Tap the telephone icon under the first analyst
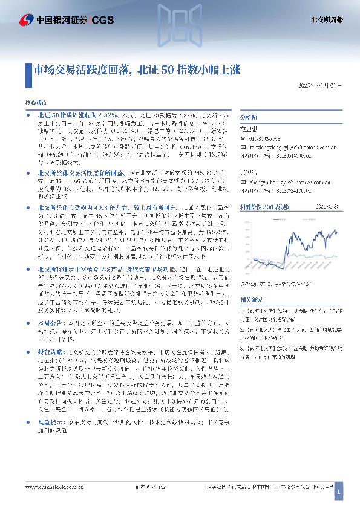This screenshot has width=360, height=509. point(243,138)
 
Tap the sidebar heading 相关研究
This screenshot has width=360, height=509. point(250,282)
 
